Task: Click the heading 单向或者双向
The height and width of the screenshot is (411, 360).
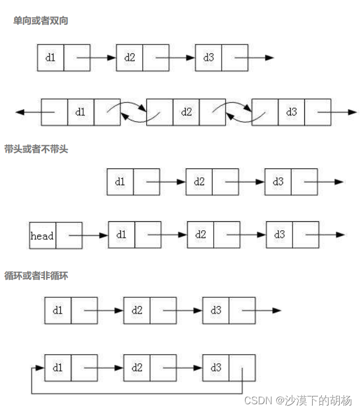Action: tap(41, 21)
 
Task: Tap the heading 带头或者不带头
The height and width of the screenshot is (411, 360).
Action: tap(36, 150)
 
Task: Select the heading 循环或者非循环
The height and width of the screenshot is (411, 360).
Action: tap(36, 276)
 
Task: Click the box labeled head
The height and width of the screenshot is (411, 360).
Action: tap(42, 236)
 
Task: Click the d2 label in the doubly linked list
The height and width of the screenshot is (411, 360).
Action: tap(186, 112)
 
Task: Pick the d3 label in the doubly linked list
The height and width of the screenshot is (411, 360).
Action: tap(291, 112)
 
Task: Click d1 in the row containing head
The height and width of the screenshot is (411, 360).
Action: tap(121, 235)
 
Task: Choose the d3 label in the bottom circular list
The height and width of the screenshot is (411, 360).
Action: tap(216, 368)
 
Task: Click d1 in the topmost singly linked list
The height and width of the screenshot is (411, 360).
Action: tap(51, 57)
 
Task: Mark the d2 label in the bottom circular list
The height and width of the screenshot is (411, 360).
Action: tap(137, 368)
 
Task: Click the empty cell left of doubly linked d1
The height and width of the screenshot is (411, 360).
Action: tap(55, 112)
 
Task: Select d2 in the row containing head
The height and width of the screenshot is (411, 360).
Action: tap(200, 235)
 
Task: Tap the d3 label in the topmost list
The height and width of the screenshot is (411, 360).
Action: tap(209, 57)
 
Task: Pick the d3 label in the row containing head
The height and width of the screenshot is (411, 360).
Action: tap(279, 235)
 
